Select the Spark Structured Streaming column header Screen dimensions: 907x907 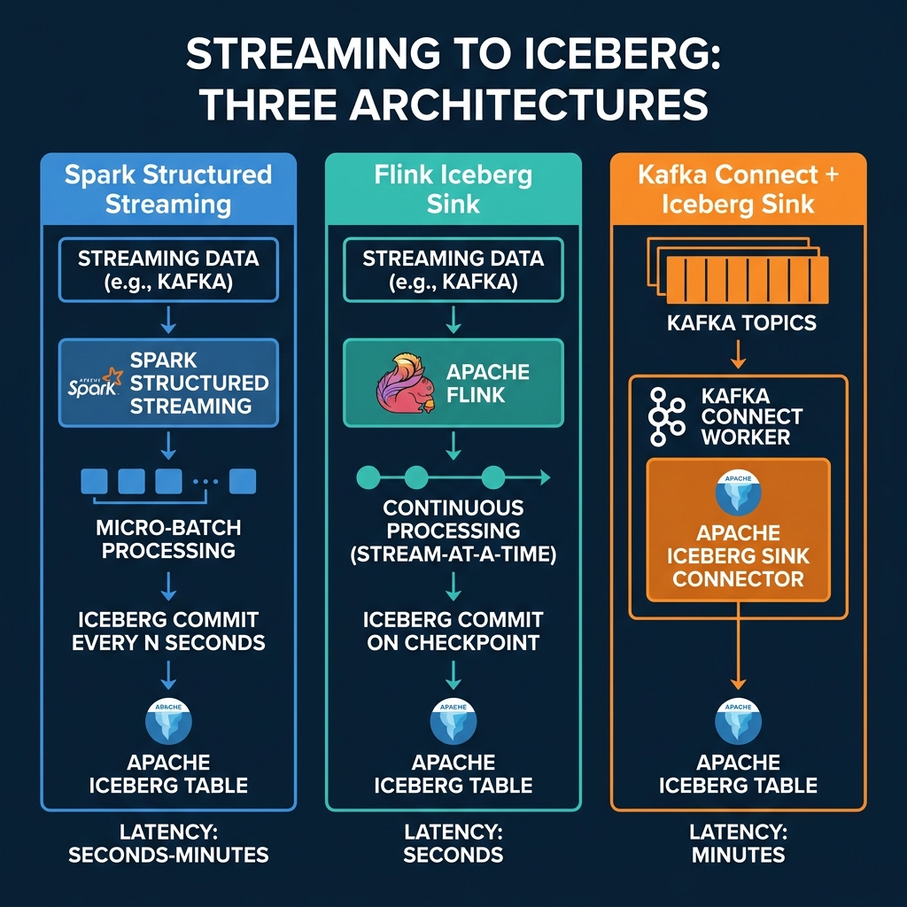coord(168,189)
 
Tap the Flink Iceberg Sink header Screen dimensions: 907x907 coord(453,189)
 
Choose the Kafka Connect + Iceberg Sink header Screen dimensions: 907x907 coord(738,189)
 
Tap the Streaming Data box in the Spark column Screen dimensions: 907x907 coord(168,270)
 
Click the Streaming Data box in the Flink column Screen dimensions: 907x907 coord(453,270)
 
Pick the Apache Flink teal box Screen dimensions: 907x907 coord(453,384)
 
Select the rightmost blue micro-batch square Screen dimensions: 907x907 coord(242,481)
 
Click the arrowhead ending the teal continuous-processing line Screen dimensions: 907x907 coord(544,478)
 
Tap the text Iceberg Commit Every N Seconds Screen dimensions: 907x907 coord(168,630)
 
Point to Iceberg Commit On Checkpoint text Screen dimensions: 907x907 coord(453,630)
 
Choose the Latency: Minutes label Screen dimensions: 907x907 coord(738,843)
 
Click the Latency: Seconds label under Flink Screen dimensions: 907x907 coord(453,843)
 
